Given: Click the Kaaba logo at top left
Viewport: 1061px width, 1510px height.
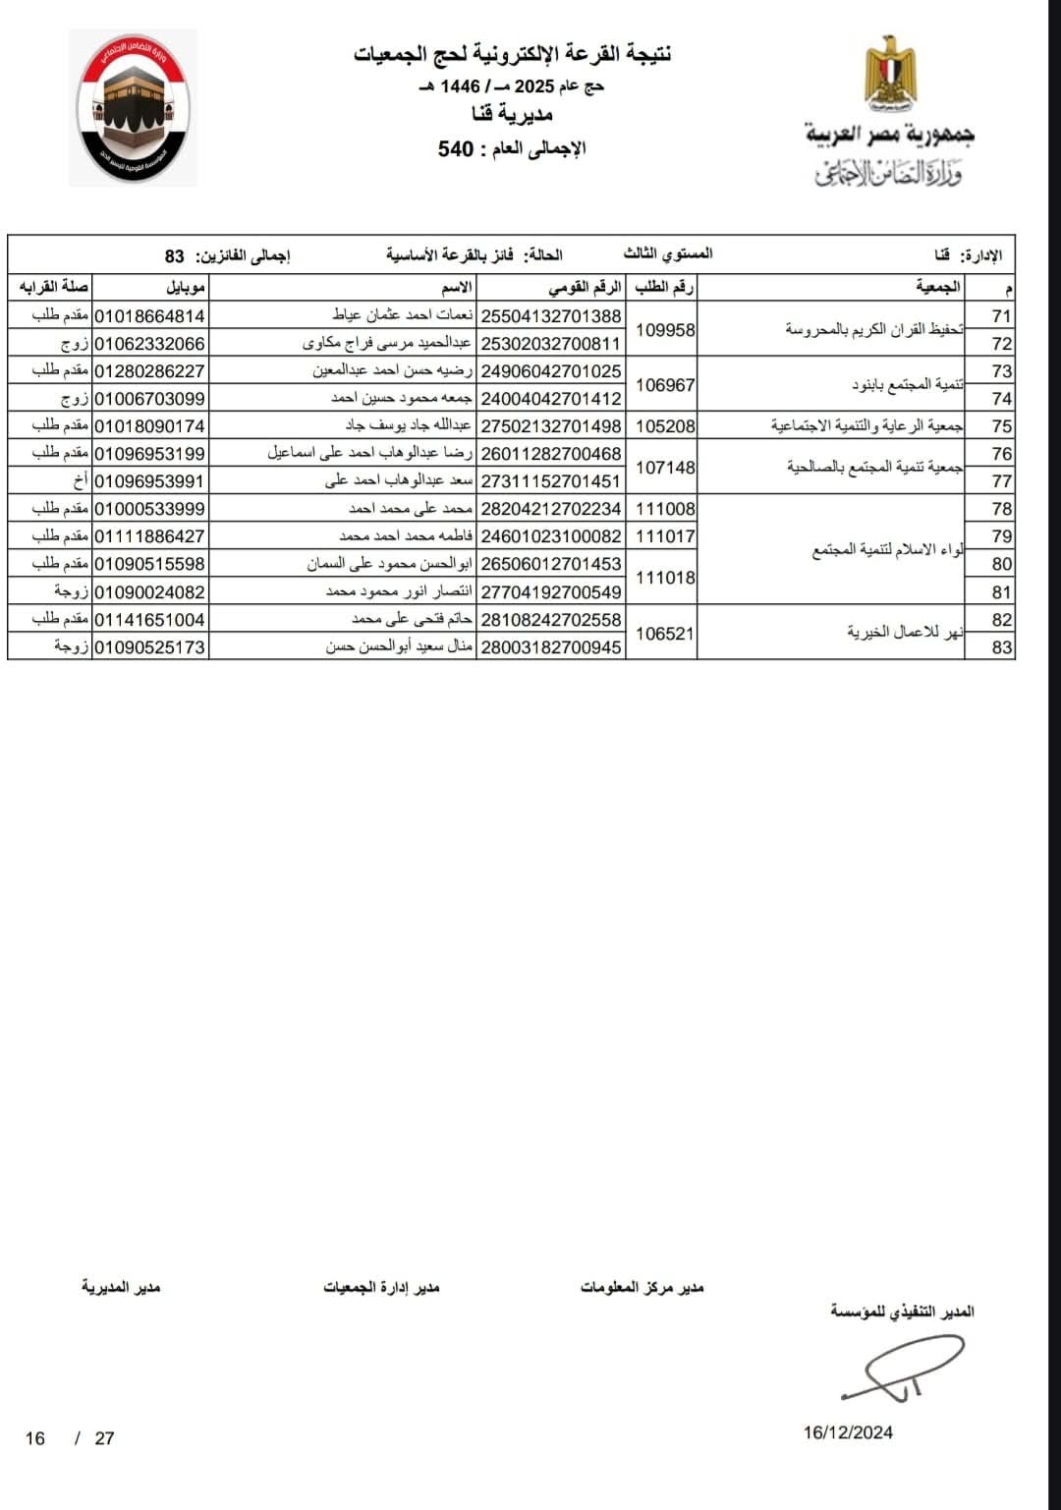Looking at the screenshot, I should point(133,108).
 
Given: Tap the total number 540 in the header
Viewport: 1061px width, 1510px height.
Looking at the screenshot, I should point(456,149).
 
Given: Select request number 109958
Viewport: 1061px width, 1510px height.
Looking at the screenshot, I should point(665,330).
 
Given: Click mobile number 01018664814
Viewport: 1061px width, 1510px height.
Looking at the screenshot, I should point(149,316).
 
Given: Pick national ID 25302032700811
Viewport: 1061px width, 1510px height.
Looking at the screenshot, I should point(551,344).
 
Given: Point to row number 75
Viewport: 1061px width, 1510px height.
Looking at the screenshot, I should point(1001,426).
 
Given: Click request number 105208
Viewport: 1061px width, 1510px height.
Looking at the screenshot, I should point(665,426).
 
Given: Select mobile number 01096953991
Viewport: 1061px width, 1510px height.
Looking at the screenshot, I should point(149,481).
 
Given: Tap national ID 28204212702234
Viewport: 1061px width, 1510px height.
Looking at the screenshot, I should point(551,509).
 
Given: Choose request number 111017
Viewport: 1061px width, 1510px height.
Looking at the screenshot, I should point(665,536).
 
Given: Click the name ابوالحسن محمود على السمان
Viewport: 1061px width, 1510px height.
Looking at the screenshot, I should point(390,564).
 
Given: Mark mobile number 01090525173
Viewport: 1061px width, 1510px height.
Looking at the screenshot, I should point(149,647).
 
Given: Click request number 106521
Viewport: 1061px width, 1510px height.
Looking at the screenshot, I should point(665,634).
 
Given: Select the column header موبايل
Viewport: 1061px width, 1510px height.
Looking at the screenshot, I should point(185,288).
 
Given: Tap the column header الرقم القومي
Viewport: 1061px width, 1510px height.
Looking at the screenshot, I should point(585,288).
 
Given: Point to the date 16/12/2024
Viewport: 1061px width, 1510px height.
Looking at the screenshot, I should point(848,1432).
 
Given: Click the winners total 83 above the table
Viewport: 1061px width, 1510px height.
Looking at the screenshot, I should point(174,256).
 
